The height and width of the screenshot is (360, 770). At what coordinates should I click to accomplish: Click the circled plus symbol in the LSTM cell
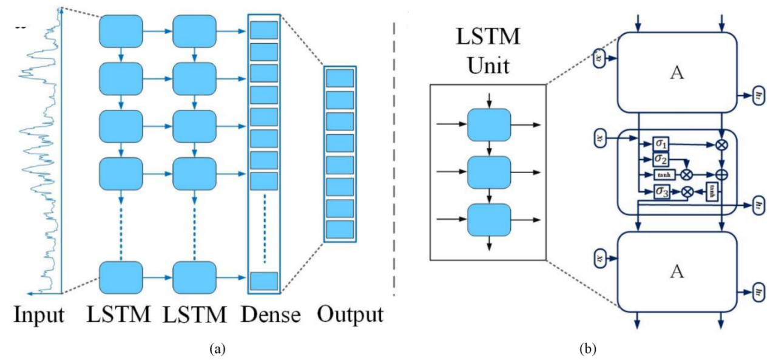tap(721, 175)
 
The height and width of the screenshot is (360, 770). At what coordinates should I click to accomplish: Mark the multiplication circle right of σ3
tap(686, 192)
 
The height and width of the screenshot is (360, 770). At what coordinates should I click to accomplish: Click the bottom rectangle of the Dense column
tap(264, 280)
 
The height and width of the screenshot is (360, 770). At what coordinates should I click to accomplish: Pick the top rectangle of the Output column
tap(340, 78)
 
